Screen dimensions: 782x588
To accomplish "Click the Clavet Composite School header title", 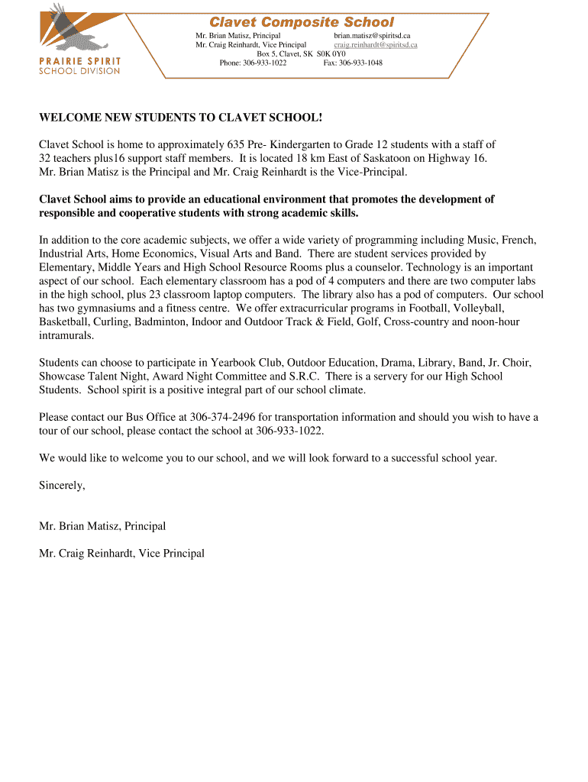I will tap(302, 23).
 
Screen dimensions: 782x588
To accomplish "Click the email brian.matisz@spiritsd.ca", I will tap(372, 36).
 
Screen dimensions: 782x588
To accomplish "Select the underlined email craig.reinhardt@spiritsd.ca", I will tap(376, 45).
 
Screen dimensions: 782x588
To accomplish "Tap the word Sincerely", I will tap(62, 485).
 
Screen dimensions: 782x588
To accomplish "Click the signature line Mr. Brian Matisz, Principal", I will tap(102, 526).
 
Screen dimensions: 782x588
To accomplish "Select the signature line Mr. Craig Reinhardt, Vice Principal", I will tap(121, 554).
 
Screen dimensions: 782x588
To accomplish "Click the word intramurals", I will tap(66, 335).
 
